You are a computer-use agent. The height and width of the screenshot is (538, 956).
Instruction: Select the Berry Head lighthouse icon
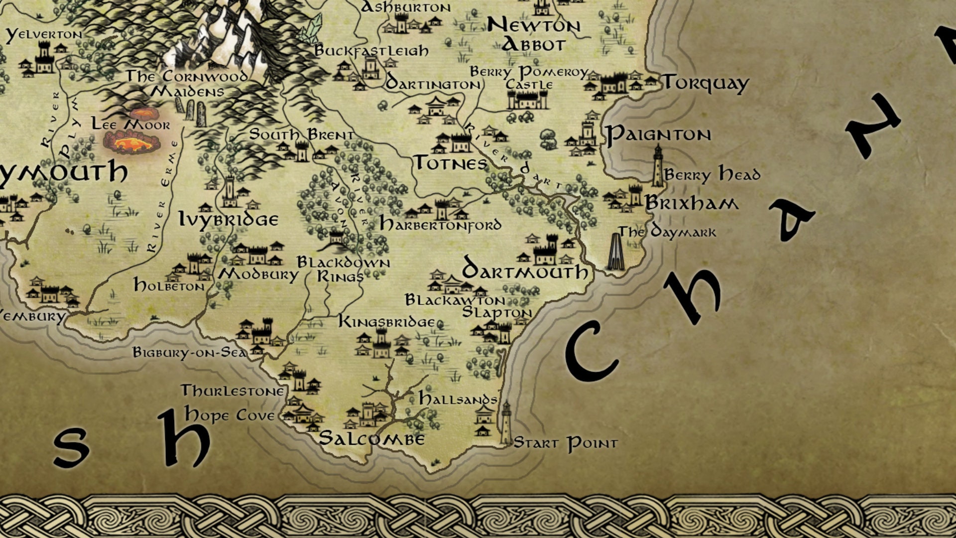coord(658,166)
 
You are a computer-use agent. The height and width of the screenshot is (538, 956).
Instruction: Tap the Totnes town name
coord(451,163)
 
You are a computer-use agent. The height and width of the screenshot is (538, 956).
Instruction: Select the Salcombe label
coord(371,438)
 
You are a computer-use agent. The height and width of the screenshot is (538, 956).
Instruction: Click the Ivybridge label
coord(229,220)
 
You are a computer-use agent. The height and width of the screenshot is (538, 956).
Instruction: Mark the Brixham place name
coord(692,203)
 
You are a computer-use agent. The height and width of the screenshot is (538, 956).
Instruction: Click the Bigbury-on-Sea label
coord(190,353)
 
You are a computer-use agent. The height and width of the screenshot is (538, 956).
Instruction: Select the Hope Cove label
coord(230,415)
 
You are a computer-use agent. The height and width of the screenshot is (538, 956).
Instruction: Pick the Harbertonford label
coord(440,225)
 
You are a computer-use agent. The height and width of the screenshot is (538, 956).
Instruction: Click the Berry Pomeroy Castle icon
coord(527,99)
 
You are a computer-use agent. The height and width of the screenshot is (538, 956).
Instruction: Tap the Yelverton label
coord(44,34)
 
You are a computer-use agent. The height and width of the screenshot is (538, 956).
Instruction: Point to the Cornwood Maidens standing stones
coord(195,113)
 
